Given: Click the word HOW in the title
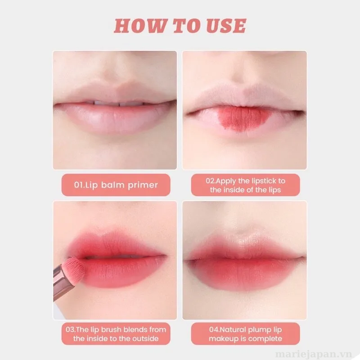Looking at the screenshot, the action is point(140,26).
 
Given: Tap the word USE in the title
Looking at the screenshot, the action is point(226,26).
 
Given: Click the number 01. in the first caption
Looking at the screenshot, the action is point(80,185).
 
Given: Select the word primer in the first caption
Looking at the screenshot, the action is point(143,185).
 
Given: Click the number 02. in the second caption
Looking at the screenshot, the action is point(211,181).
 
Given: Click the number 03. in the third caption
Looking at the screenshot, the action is point(70,329).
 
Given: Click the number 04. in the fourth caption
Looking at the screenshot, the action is point(214,329).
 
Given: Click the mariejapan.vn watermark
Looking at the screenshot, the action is point(314,354).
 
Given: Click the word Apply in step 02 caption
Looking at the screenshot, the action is point(226,181).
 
